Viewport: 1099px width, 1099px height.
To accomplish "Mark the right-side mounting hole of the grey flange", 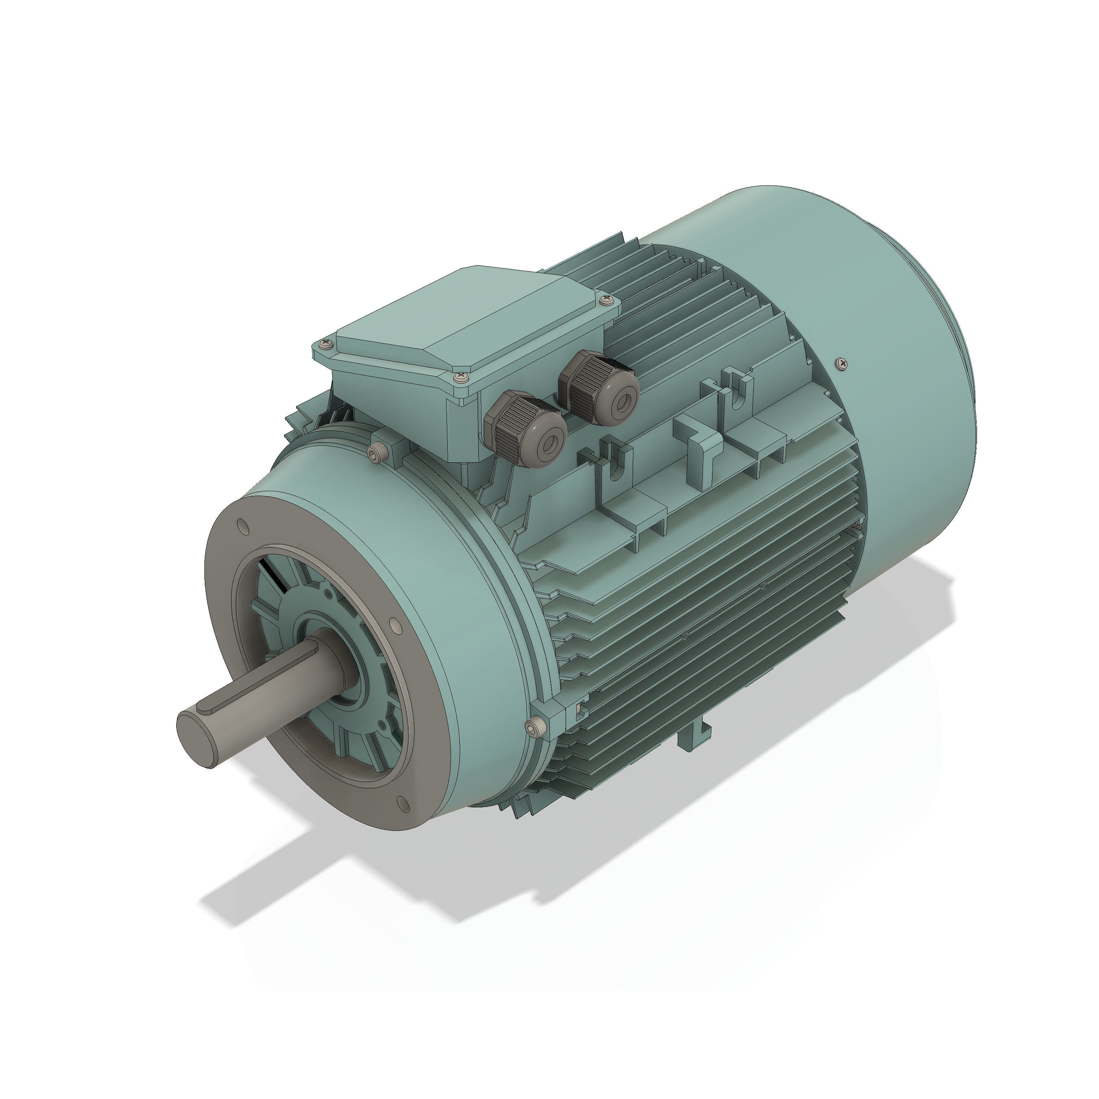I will tap(395, 628).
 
